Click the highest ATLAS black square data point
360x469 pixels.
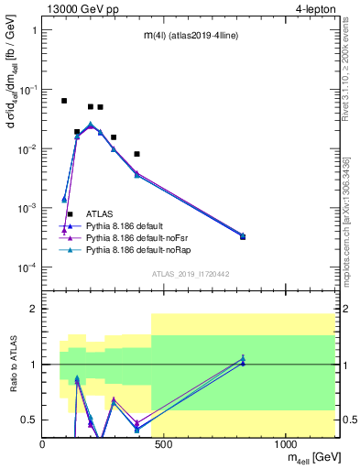[x=64, y=101]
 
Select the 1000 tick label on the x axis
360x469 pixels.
[x=285, y=443]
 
